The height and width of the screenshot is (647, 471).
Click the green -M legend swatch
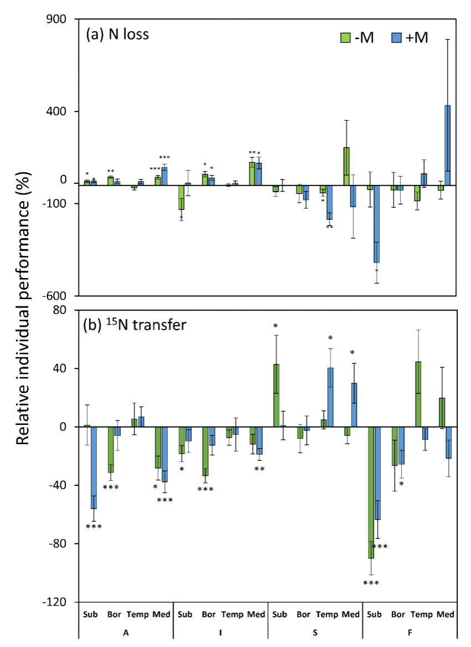point(344,37)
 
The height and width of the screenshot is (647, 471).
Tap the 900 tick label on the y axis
point(55,19)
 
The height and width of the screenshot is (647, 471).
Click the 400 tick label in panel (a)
point(55,111)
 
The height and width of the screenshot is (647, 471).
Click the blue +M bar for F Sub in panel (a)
point(376,224)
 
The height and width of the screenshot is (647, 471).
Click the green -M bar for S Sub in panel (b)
point(275,396)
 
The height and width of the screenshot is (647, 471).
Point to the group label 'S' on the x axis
point(315,632)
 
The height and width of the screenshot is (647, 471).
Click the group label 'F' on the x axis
point(410,632)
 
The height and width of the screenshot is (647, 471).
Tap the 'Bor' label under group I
point(209,614)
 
